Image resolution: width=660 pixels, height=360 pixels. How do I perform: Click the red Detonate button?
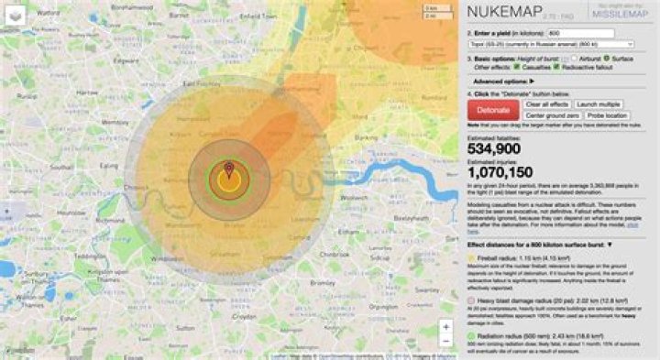pyautogui.click(x=493, y=110)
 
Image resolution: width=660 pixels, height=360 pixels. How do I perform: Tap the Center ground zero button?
pyautogui.click(x=552, y=115)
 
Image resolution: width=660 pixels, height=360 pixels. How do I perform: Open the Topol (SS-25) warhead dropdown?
pyautogui.click(x=551, y=43)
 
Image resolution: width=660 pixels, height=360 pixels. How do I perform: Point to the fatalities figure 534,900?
pyautogui.click(x=494, y=148)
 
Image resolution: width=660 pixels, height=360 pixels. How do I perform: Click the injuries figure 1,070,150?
pyautogui.click(x=500, y=171)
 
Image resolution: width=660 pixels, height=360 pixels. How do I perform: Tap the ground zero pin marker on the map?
pyautogui.click(x=229, y=169)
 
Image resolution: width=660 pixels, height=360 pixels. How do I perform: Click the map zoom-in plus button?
pyautogui.click(x=445, y=325)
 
